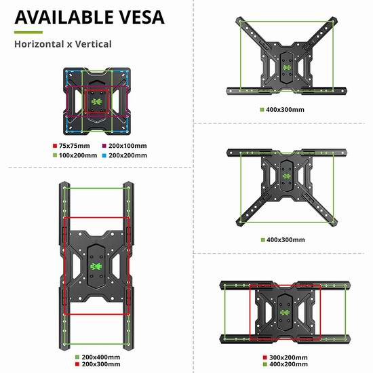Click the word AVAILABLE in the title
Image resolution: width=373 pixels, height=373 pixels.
coord(64,17)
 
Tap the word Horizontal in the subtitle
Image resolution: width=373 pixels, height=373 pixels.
coord(39,44)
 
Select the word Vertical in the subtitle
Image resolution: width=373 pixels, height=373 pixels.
coord(94,44)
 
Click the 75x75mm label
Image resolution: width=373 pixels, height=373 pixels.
coord(74,146)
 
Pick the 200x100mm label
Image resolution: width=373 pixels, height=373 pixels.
coord(127,146)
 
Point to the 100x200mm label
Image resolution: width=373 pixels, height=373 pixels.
coord(78,155)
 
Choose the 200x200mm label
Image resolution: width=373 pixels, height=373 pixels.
coord(127,155)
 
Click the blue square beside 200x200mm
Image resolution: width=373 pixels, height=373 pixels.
coord(104,156)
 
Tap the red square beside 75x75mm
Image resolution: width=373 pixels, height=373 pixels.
coord(55,146)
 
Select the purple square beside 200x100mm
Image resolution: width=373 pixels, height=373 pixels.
coord(104,146)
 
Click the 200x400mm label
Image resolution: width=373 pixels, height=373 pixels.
coord(101,357)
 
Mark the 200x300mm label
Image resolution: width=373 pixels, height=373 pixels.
coord(101,364)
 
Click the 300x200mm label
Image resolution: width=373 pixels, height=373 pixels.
coord(288,357)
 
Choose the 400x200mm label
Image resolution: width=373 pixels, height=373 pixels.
coord(288,364)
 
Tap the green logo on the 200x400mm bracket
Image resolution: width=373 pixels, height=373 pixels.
coord(96,267)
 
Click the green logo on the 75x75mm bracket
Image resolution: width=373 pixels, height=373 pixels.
coord(97,102)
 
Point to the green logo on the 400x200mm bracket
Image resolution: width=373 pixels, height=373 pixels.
coord(285,313)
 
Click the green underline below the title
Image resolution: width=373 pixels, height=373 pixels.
coord(28,33)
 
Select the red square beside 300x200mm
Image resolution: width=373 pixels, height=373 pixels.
coord(265,357)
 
